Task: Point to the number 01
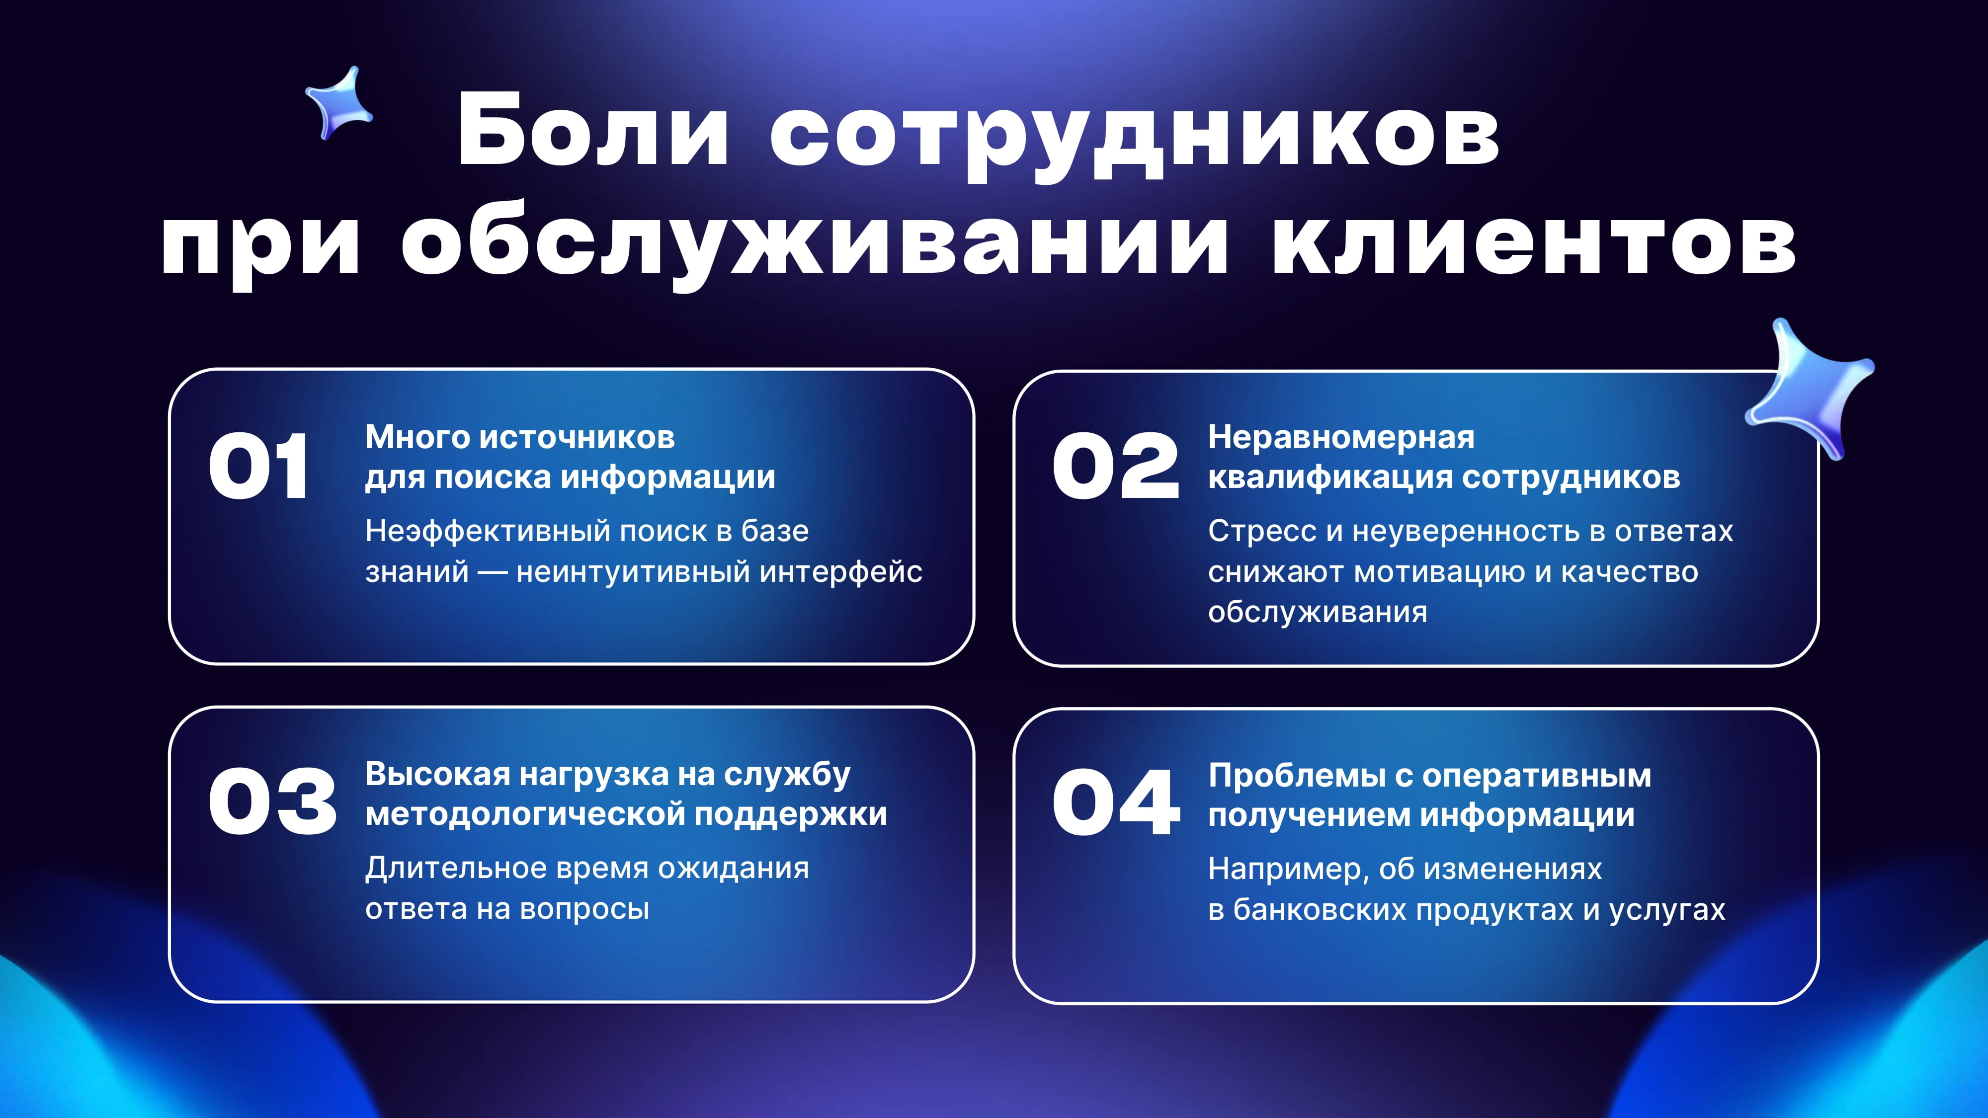click(258, 466)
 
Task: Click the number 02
click(1115, 466)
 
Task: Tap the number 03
click(272, 802)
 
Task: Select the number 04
click(1116, 802)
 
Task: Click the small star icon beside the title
click(339, 103)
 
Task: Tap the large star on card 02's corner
click(1808, 388)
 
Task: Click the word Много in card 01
click(417, 437)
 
